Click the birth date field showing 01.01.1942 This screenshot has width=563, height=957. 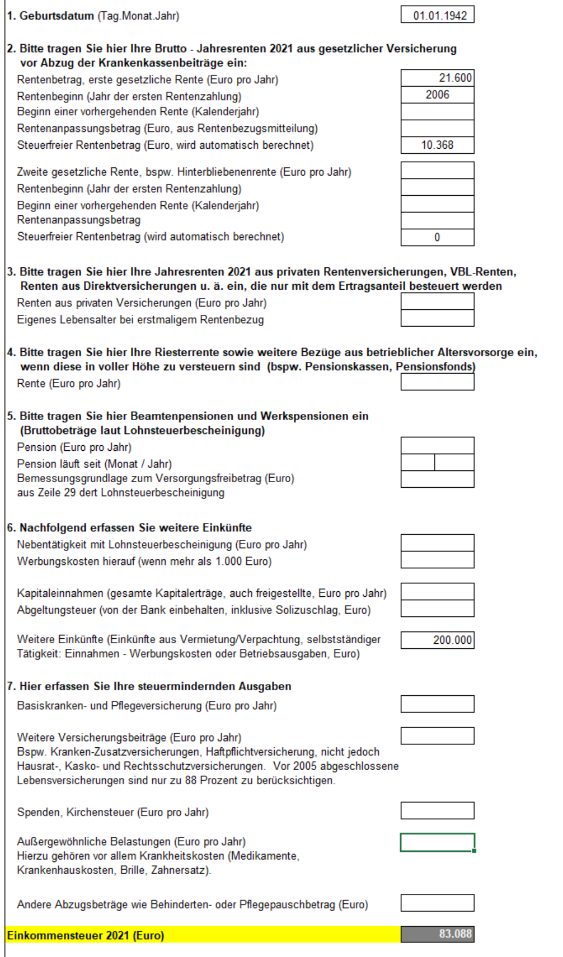437,15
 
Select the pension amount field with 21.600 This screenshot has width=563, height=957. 437,78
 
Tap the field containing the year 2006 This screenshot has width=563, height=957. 437,95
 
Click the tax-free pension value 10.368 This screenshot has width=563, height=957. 437,145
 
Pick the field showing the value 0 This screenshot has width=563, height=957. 437,237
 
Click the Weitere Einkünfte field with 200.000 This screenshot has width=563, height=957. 437,640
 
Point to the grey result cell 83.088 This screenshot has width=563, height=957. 437,934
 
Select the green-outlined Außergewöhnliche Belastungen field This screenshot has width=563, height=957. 437,842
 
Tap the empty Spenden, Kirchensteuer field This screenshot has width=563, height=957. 437,810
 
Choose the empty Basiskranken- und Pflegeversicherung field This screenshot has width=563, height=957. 437,704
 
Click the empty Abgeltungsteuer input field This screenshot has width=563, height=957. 437,609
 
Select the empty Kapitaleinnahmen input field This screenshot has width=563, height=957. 437,592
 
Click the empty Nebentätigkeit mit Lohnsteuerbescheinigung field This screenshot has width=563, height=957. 437,543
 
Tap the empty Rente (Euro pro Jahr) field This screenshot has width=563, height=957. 437,382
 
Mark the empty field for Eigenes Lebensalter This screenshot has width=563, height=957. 437,318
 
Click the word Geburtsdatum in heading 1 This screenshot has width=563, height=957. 57,16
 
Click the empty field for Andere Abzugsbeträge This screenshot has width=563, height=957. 437,903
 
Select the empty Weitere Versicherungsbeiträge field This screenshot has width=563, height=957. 437,736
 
